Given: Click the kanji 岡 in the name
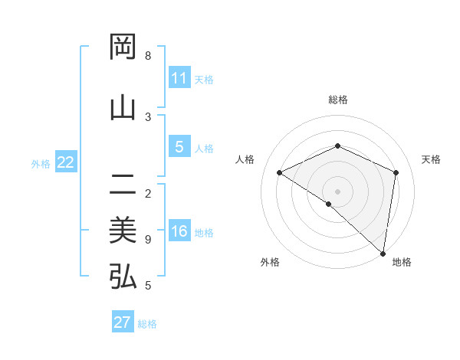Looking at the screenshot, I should coord(123,47).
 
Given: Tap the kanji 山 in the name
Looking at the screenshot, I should coord(123,107).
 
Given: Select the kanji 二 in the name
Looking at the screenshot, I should coord(123,184).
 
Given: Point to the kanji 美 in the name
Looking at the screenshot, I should coord(123,230).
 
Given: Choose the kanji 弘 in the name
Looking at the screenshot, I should coord(123,277).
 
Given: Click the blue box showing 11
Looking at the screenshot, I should coord(179,78).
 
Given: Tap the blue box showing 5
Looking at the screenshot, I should coord(179,147).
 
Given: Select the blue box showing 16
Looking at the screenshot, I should coord(179,232).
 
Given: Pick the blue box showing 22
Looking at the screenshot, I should coord(66,162).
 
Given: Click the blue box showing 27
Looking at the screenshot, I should coord(123,322).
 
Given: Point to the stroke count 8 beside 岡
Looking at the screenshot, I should coord(148,56).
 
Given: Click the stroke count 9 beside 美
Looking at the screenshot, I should coord(148,240).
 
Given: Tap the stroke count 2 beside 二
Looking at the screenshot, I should coord(148,193).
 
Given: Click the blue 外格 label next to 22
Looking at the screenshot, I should coord(41,163).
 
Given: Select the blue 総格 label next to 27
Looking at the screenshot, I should coord(147,324).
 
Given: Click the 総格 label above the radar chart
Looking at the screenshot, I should coord(337,100).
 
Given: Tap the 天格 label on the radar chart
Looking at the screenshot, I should coord(431,159).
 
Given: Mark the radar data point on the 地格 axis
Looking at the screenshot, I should coord(383,253).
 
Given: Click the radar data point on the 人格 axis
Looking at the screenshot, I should coord(280,172).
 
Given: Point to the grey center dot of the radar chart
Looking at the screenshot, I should coord(337,191).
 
